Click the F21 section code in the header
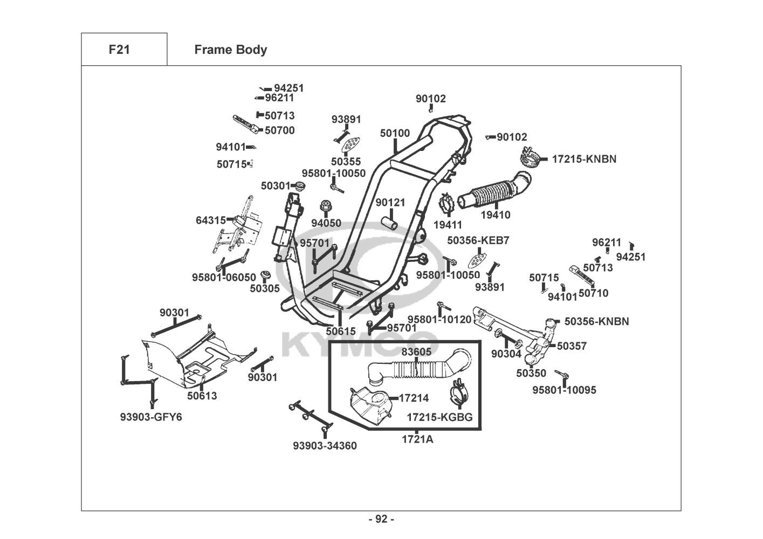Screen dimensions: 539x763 [119, 50]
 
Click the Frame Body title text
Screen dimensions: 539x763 [230, 50]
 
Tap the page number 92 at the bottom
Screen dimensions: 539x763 [381, 519]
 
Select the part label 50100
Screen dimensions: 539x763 [395, 133]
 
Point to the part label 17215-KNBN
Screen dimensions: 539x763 [584, 159]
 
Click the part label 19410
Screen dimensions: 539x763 [496, 215]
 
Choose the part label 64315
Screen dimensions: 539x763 [211, 220]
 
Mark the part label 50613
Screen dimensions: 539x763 [202, 396]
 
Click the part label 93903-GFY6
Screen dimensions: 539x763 [151, 417]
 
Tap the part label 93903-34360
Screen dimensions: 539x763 [325, 446]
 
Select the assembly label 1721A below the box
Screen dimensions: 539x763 [417, 439]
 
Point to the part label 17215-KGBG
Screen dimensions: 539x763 [439, 417]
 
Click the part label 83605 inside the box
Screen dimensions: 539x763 [416, 352]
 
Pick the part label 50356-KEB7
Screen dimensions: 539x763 [478, 240]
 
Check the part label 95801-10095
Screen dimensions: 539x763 [565, 390]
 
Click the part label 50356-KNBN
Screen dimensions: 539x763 [596, 321]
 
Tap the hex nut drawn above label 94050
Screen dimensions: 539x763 [326, 206]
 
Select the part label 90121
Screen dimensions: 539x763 [390, 202]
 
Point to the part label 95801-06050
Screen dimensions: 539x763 [224, 277]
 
